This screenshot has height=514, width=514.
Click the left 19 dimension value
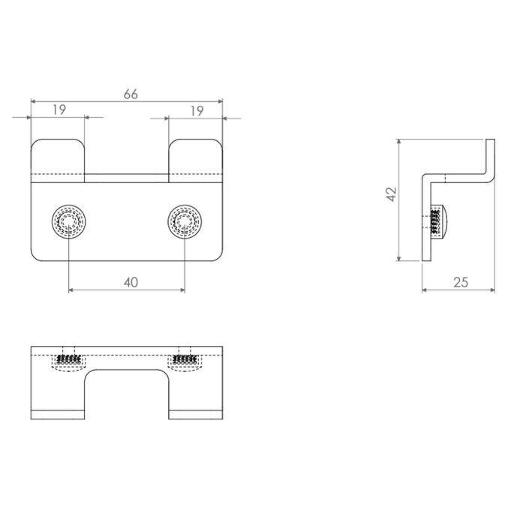coord(59,110)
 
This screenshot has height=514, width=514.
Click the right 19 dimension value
coord(196,110)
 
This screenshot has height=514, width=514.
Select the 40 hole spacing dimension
coord(130,282)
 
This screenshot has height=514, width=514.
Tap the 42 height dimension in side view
coord(389,195)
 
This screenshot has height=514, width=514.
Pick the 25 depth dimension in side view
coord(461,282)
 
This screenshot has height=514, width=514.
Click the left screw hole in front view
coord(69,221)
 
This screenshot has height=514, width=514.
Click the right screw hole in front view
coord(184,221)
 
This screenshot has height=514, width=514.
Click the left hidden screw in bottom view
coord(69,361)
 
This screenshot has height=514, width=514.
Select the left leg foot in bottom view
coord(58,414)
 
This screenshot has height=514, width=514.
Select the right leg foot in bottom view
coord(196,414)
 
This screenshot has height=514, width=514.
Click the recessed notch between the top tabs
coord(127,178)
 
